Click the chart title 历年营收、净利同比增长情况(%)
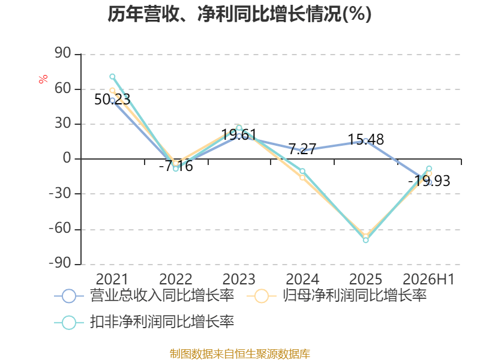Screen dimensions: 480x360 tap(239, 14)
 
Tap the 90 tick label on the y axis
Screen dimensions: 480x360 tap(63, 53)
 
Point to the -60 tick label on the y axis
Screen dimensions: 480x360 tap(60, 228)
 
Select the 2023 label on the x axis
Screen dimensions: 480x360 tap(239, 279)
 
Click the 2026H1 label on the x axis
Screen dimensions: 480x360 tap(428, 279)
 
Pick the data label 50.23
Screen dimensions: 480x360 tap(112, 99)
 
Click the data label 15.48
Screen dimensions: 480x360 tap(366, 139)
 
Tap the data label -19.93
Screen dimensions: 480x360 tap(429, 181)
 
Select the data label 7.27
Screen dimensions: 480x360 tap(302, 149)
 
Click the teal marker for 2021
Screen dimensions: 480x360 tap(112, 77)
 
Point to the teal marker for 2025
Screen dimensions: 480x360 tap(366, 241)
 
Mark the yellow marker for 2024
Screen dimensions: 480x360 tap(302, 178)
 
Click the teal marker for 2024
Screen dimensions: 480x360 tap(302, 171)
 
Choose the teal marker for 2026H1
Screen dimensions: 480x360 tap(429, 169)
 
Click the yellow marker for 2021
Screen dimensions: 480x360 tap(112, 91)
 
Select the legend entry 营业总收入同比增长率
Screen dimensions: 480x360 tap(144, 296)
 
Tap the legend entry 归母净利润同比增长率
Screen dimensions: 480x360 tap(337, 296)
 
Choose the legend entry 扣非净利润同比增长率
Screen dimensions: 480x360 tap(144, 322)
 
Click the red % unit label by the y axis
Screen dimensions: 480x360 tap(43, 79)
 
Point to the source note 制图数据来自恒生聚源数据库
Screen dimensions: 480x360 tap(240, 354)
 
